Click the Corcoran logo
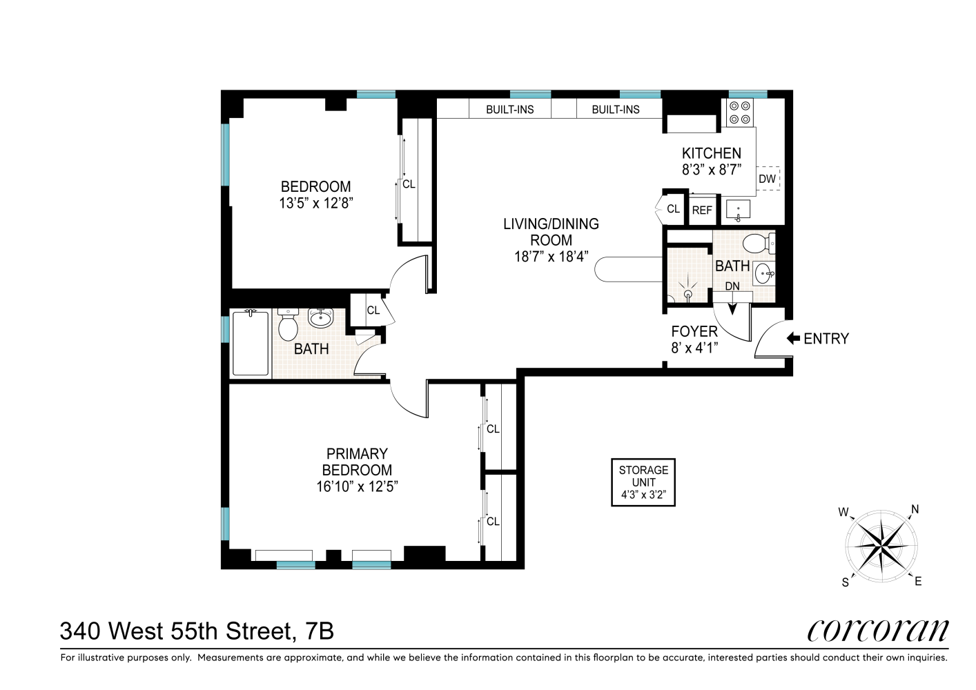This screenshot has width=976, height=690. (878, 630)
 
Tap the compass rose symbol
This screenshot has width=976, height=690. (881, 546)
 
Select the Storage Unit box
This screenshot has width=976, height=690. (643, 482)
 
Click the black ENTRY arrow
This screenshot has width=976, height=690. (793, 339)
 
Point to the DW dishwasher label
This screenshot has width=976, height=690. (767, 179)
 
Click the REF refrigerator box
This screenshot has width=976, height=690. (702, 210)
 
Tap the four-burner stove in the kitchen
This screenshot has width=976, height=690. (740, 112)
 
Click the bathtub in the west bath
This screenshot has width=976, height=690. (251, 344)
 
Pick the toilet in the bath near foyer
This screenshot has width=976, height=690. (758, 243)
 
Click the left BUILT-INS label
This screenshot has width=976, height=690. (509, 110)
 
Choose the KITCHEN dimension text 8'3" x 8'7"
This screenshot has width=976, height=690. (711, 170)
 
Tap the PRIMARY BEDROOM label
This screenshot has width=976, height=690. (357, 462)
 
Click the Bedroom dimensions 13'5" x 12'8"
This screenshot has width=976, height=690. (315, 204)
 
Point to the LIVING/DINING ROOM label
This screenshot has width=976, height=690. (551, 232)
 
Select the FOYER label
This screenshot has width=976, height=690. (694, 332)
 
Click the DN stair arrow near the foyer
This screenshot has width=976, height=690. (732, 306)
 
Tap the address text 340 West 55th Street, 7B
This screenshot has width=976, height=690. (197, 631)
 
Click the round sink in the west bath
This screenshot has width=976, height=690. (320, 318)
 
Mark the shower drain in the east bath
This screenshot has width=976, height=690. (687, 294)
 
